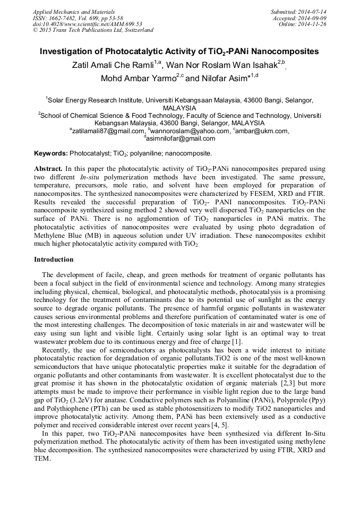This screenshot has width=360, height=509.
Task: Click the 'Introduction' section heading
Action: point(54,260)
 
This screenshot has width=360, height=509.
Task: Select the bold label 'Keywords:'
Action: point(51,153)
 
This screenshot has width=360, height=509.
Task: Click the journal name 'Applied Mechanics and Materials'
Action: point(73,12)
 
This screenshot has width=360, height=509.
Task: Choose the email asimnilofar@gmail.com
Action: point(181,139)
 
